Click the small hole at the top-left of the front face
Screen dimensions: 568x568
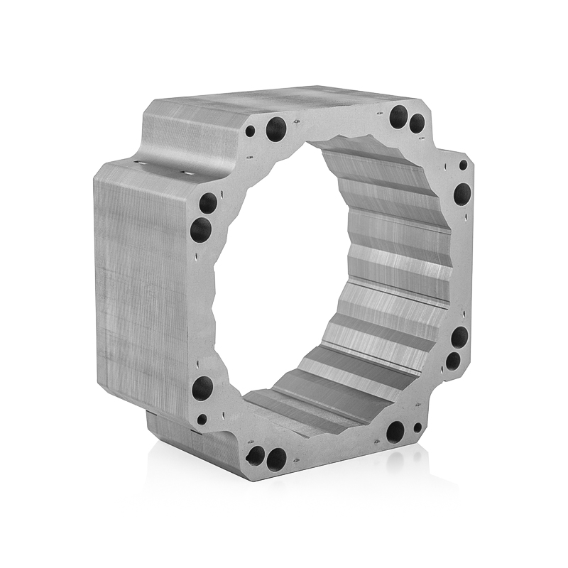[x=250, y=131]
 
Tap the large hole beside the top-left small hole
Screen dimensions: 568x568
[x=276, y=129]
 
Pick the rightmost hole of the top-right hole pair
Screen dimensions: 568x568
[x=417, y=123]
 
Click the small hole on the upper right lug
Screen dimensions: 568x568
[x=463, y=165]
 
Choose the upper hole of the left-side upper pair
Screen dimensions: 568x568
[x=208, y=204]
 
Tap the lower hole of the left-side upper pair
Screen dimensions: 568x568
[x=201, y=229]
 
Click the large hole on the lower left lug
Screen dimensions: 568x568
[x=202, y=388]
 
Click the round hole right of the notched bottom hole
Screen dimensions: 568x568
[x=276, y=458]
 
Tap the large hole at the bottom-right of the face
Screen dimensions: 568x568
[x=395, y=431]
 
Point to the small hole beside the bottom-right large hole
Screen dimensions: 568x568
[x=417, y=427]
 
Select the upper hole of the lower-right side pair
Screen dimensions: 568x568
[x=459, y=337]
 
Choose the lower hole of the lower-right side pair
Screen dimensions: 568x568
[x=452, y=361]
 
